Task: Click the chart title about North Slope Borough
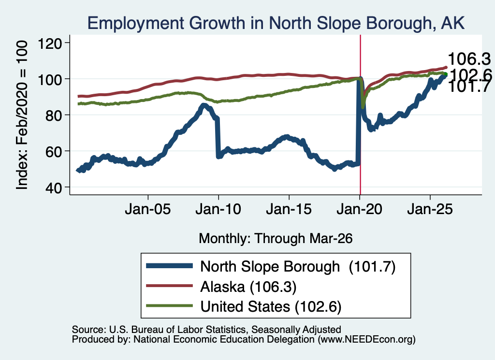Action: click(x=276, y=23)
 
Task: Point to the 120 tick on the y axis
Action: click(x=50, y=43)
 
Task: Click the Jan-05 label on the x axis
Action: click(x=148, y=210)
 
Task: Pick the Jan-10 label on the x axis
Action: click(x=218, y=210)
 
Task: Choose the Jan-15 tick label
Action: click(x=289, y=210)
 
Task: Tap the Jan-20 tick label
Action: click(x=360, y=210)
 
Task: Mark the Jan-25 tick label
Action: click(x=430, y=210)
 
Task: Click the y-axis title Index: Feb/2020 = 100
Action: click(x=22, y=115)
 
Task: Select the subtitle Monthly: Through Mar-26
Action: click(x=276, y=239)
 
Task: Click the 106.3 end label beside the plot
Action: click(x=469, y=59)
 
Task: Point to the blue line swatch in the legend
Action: click(x=170, y=266)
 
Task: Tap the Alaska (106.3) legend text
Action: click(x=248, y=287)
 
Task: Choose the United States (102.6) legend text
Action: click(x=271, y=307)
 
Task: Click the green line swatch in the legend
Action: click(x=170, y=306)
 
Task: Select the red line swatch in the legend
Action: click(x=170, y=286)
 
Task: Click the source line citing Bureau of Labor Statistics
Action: click(x=206, y=330)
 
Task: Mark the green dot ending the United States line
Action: click(x=446, y=74)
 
